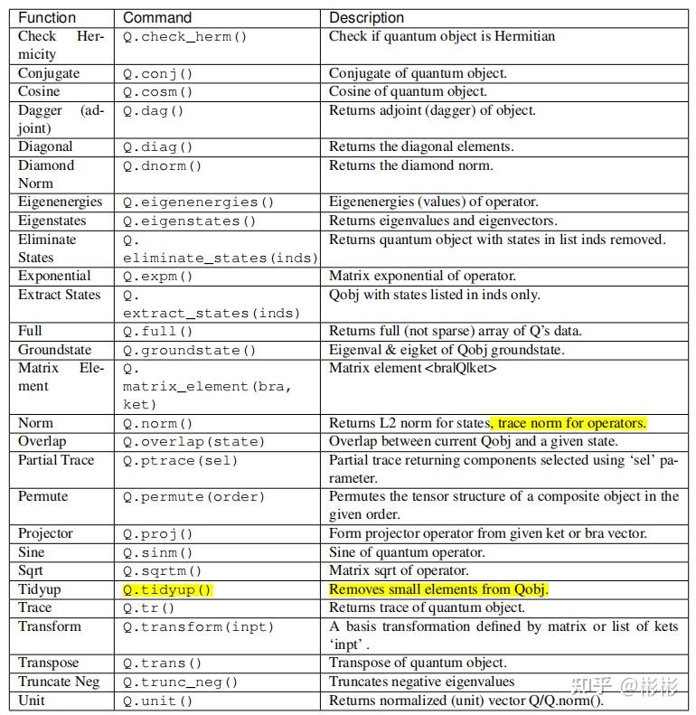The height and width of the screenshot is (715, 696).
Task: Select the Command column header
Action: pyautogui.click(x=157, y=18)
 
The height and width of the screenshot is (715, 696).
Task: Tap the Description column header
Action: pyautogui.click(x=366, y=18)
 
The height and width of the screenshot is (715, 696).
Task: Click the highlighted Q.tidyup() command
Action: pyautogui.click(x=167, y=590)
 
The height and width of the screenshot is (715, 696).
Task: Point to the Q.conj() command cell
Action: pyautogui.click(x=162, y=74)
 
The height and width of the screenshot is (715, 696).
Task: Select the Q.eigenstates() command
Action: pyautogui.click(x=190, y=221)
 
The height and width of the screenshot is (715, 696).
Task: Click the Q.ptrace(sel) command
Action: pyautogui.click(x=180, y=461)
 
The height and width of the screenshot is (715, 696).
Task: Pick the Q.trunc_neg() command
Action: pyautogui.click(x=180, y=682)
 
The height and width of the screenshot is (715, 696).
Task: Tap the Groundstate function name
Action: pyautogui.click(x=54, y=350)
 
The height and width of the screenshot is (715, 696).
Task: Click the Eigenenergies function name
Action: pyautogui.click(x=61, y=202)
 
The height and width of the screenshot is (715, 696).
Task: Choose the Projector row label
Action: pyautogui.click(x=45, y=534)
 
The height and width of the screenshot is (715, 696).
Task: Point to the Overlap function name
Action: pyautogui.click(x=42, y=442)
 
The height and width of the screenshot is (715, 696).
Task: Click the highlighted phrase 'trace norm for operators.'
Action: pyautogui.click(x=569, y=423)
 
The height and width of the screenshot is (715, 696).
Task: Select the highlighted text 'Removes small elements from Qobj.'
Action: pyautogui.click(x=438, y=590)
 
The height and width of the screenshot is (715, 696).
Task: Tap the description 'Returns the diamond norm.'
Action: pyautogui.click(x=410, y=166)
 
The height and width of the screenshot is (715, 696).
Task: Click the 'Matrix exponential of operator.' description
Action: pyautogui.click(x=422, y=277)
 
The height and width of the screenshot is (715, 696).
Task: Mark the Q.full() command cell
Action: pyautogui.click(x=162, y=332)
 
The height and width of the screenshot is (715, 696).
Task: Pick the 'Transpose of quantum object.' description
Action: pyautogui.click(x=418, y=663)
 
